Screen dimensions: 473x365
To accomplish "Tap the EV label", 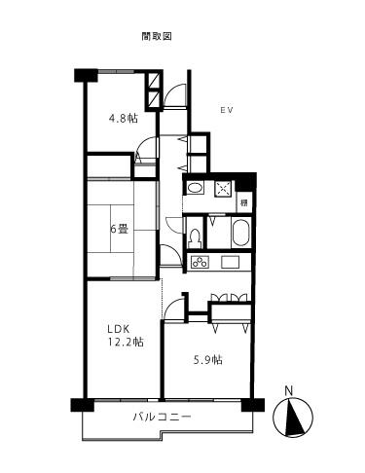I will (x=225, y=109).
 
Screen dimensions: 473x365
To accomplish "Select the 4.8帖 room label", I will (x=123, y=119).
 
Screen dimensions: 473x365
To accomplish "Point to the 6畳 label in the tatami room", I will (x=118, y=230).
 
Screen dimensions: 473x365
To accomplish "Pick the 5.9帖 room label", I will (x=207, y=360).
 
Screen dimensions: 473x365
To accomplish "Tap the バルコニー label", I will (x=162, y=417).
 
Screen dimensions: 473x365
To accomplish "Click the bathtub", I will (x=238, y=234).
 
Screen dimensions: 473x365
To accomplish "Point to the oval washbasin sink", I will (x=195, y=188).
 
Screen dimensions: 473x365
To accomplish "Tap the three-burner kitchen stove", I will (x=201, y=262).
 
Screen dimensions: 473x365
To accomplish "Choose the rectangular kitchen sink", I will (x=231, y=262).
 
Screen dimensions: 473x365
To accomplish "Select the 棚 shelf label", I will (x=244, y=203).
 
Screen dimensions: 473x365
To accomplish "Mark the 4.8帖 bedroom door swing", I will (x=145, y=153).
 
